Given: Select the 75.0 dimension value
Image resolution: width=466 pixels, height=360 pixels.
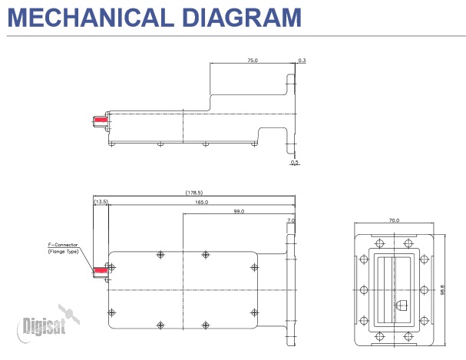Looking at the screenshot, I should click(252, 59).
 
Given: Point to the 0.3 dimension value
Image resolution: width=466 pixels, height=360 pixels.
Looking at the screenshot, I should click(302, 59).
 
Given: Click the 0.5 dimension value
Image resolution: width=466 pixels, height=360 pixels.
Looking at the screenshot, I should click(295, 162).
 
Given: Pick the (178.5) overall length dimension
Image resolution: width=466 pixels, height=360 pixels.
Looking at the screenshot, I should click(194, 192).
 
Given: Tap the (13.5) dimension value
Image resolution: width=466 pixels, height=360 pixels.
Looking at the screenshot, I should click(101, 201).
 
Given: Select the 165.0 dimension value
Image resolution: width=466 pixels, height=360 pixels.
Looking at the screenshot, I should click(200, 201).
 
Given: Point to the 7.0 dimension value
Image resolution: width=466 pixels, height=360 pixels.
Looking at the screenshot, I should click(290, 220).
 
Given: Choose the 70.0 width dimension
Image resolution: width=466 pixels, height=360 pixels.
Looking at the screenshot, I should click(393, 220).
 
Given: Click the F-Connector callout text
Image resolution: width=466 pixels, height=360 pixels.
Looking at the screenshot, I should click(63, 246).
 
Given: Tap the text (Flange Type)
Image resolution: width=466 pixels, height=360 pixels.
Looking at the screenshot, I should click(63, 252).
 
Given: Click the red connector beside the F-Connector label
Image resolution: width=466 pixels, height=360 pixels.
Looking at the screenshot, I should click(99, 270).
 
